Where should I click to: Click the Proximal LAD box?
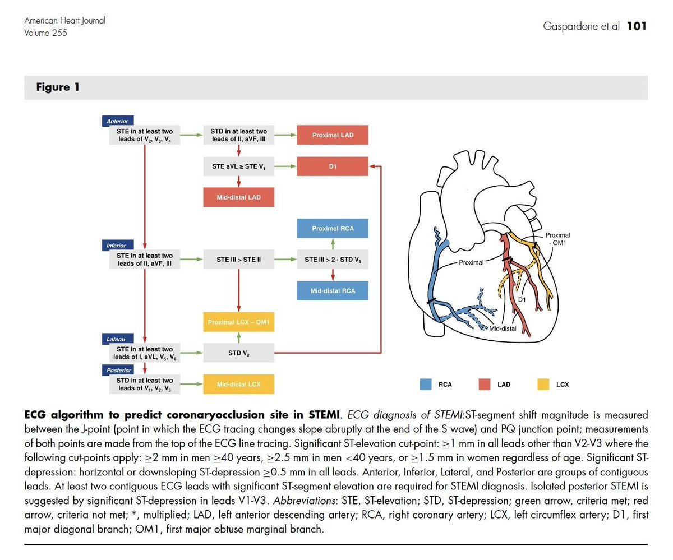pyautogui.click(x=333, y=135)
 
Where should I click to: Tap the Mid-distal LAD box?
pyautogui.click(x=239, y=197)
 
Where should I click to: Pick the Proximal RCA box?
pyautogui.click(x=333, y=228)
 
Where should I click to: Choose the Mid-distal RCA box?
pyautogui.click(x=333, y=291)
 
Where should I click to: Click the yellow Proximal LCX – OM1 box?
pyautogui.click(x=239, y=322)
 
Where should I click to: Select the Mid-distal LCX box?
pyautogui.click(x=239, y=385)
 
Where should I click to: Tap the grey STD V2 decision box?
pyautogui.click(x=239, y=353)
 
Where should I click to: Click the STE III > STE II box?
pyautogui.click(x=239, y=260)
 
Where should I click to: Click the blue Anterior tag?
pyautogui.click(x=117, y=121)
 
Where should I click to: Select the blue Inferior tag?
pyautogui.click(x=117, y=246)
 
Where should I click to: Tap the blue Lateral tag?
pyautogui.click(x=116, y=339)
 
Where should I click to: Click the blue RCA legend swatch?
pyautogui.click(x=426, y=385)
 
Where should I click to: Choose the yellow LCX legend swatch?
pyautogui.click(x=543, y=385)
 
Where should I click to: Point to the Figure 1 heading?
pyautogui.click(x=58, y=87)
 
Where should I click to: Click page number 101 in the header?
pyautogui.click(x=637, y=26)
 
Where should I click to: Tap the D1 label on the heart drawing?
pyautogui.click(x=521, y=300)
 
